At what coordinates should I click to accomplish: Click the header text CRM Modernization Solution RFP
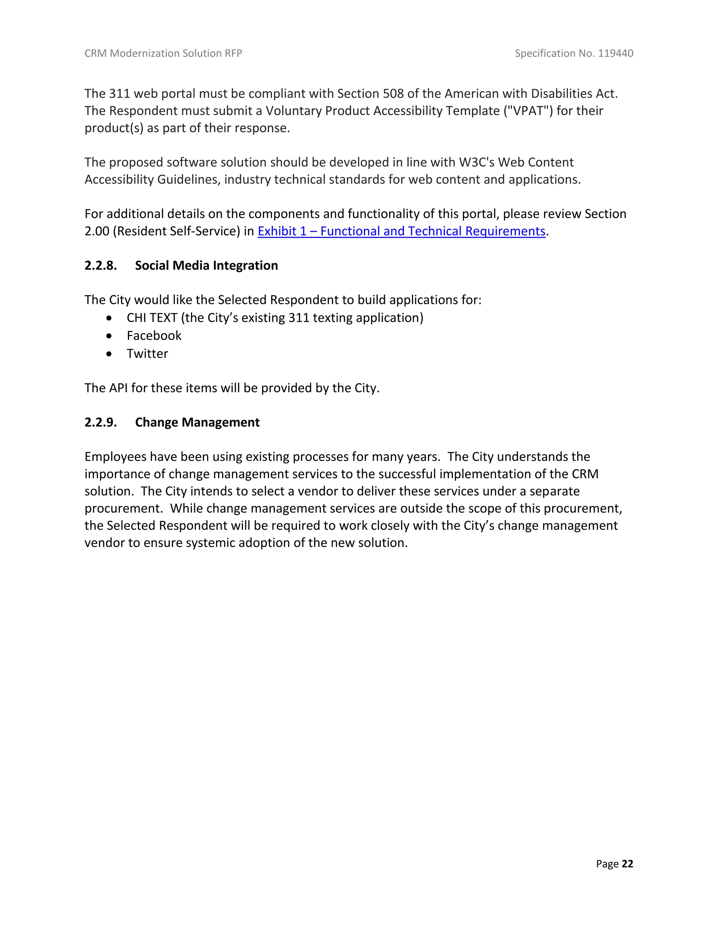pos(163,53)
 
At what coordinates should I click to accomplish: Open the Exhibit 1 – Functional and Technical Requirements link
pos(401,231)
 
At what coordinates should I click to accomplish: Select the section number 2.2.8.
pos(100,265)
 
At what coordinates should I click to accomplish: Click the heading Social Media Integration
pos(206,265)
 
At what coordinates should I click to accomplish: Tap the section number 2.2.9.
pos(100,422)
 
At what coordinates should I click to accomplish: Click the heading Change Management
pos(197,422)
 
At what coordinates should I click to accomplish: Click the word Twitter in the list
pos(147,354)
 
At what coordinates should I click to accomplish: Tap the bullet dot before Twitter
pos(110,354)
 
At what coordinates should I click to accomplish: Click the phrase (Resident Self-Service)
pos(177,231)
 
